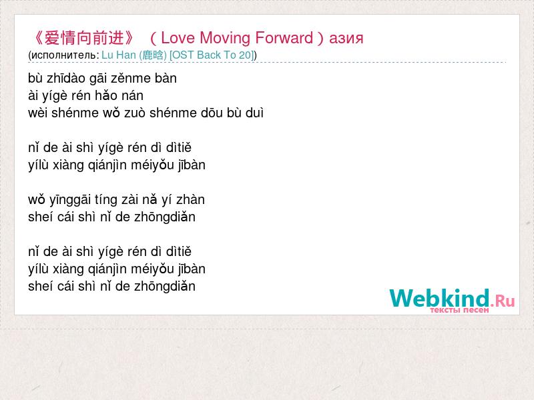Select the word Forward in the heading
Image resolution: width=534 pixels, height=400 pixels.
[x=284, y=38]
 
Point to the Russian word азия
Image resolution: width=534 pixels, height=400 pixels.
[x=346, y=39]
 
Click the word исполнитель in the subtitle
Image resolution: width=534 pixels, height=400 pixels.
[x=65, y=55]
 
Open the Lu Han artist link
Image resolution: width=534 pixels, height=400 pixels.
[x=119, y=55]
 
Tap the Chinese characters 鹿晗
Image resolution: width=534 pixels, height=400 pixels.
[x=153, y=55]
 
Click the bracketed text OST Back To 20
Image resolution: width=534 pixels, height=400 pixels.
[x=212, y=55]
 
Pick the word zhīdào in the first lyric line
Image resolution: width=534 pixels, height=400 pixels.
[x=65, y=78]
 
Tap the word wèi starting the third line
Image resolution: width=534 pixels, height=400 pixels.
[x=38, y=113]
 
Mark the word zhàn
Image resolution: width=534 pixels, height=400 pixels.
[x=190, y=199]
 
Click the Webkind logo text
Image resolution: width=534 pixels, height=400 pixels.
[x=439, y=298]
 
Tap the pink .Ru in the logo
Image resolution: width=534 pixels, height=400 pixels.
[x=503, y=301]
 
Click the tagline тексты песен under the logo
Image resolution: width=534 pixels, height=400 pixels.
[x=459, y=310]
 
